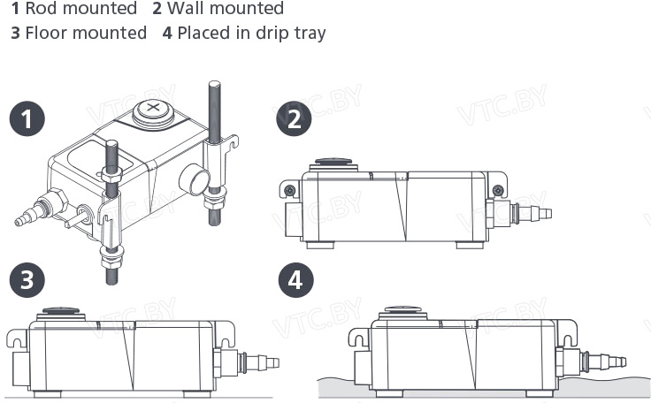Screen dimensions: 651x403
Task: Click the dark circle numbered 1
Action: pyautogui.click(x=27, y=118)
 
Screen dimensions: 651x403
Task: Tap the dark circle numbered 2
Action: pyautogui.click(x=294, y=118)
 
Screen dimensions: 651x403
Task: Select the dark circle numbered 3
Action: pyautogui.click(x=27, y=280)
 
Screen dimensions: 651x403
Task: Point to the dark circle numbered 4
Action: pyautogui.click(x=295, y=280)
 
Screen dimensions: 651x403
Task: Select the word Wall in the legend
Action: pyautogui.click(x=182, y=8)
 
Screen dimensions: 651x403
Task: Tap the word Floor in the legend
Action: pyautogui.click(x=42, y=33)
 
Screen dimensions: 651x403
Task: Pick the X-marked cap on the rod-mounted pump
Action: pyautogui.click(x=153, y=110)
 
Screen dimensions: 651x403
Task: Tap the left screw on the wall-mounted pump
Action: pyautogui.click(x=290, y=191)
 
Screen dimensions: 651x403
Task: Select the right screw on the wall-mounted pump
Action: pyautogui.click(x=498, y=191)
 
